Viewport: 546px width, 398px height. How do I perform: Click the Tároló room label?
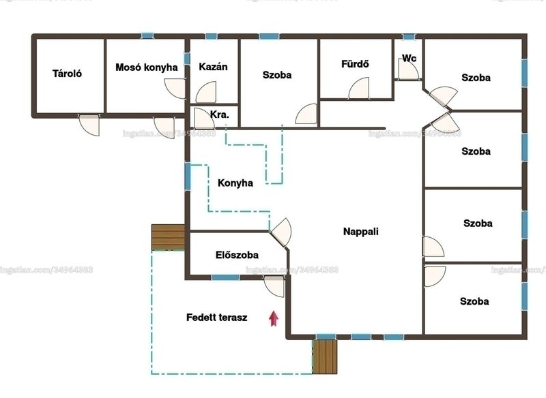tap(67, 74)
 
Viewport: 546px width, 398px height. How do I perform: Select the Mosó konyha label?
tap(147, 67)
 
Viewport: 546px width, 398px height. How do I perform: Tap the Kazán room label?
tap(213, 66)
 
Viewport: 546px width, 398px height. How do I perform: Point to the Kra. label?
tap(219, 114)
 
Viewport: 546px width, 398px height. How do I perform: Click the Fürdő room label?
tap(355, 63)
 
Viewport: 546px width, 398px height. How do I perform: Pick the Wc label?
tap(409, 58)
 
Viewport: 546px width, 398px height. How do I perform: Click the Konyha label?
tap(235, 183)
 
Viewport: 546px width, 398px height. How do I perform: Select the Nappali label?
tap(361, 232)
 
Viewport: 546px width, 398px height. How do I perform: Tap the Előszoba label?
tap(237, 255)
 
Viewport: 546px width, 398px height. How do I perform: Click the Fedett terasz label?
tap(217, 318)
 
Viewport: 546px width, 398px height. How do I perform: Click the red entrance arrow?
tap(274, 318)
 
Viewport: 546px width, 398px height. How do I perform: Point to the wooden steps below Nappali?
tap(325, 356)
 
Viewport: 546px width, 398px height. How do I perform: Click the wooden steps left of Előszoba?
tap(168, 237)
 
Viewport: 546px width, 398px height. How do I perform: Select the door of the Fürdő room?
tap(359, 89)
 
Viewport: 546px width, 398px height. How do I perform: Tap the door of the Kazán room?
tap(206, 93)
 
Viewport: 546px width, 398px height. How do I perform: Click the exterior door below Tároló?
tap(89, 125)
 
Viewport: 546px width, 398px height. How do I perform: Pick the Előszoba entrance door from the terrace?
tap(274, 286)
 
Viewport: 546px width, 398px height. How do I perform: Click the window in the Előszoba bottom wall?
tap(225, 277)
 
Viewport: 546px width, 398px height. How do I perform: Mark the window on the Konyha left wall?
tap(188, 177)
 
